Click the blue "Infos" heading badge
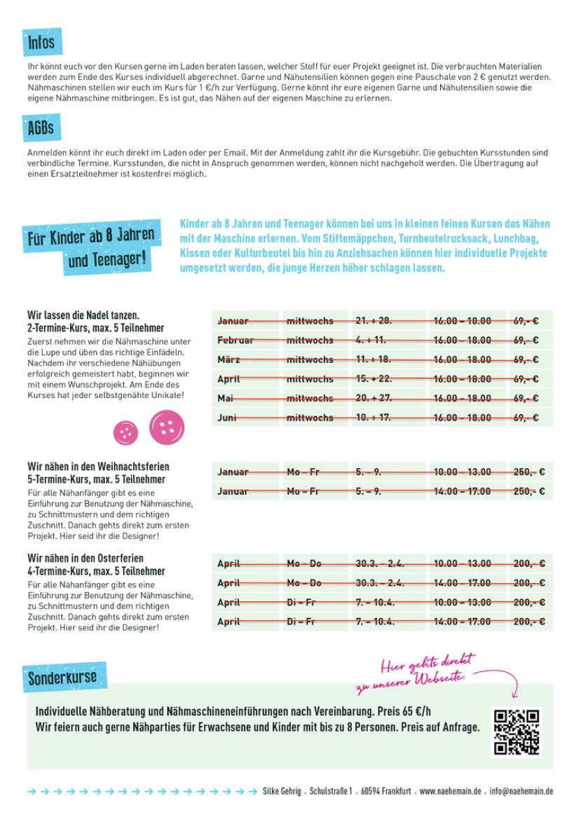(42, 41)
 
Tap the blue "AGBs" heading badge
(41, 128)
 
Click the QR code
(517, 732)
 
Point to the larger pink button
(167, 427)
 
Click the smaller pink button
(126, 432)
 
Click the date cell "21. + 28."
(388, 321)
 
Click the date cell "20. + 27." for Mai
(388, 399)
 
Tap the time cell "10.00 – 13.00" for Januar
(467, 472)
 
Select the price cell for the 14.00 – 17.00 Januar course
(531, 491)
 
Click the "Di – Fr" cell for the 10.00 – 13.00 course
(315, 603)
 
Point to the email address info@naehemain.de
(521, 791)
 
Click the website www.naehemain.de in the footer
(451, 791)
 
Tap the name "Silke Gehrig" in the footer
(282, 791)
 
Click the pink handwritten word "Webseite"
(439, 678)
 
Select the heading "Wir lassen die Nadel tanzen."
(83, 315)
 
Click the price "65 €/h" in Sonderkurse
(417, 711)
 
